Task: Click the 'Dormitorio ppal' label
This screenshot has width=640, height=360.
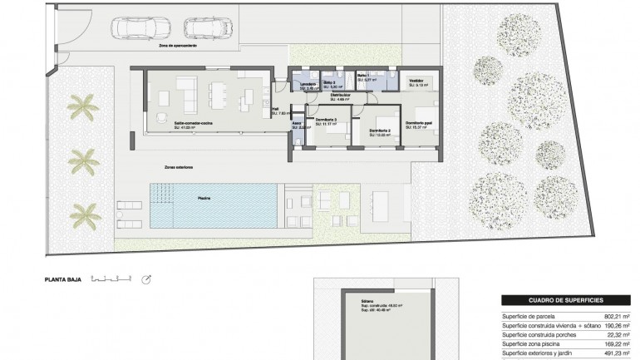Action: click(x=420, y=123)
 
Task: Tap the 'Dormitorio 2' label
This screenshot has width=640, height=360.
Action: click(x=381, y=131)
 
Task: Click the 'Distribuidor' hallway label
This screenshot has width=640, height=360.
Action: click(x=340, y=96)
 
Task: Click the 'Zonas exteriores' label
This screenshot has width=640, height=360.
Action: click(x=179, y=166)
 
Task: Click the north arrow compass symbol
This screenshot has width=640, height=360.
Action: click(x=147, y=280)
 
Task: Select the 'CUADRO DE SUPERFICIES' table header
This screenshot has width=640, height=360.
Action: click(x=565, y=298)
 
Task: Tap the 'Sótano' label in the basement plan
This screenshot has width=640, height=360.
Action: click(x=368, y=300)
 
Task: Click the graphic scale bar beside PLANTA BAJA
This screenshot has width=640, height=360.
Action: click(x=111, y=279)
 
